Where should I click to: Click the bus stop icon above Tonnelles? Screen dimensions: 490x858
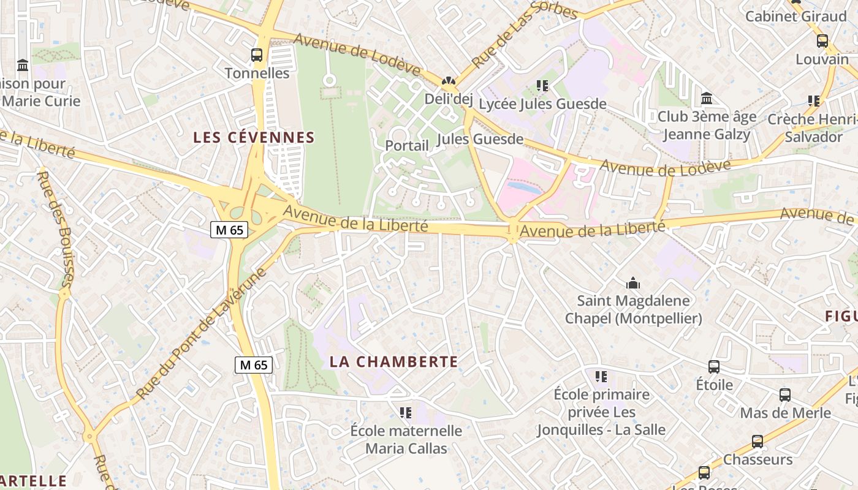(x=257, y=55)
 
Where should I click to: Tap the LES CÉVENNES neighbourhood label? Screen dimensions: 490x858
(x=254, y=138)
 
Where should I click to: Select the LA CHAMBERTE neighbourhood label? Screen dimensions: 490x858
(x=394, y=362)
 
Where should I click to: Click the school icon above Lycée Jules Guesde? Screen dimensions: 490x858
(x=542, y=86)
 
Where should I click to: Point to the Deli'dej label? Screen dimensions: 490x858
(x=449, y=99)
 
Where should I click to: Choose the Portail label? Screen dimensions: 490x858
(x=407, y=146)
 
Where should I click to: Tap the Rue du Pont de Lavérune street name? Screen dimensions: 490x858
(x=201, y=334)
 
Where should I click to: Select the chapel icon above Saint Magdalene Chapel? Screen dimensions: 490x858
(x=633, y=283)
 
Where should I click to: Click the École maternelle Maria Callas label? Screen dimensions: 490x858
(x=406, y=440)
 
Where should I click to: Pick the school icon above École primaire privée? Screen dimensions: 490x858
(x=601, y=376)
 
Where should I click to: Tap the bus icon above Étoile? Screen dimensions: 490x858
(x=714, y=367)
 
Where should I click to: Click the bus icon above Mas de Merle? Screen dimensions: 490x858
(x=785, y=395)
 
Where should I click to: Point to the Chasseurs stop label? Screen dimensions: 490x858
(x=758, y=459)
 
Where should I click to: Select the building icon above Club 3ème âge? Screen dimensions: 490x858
(x=707, y=98)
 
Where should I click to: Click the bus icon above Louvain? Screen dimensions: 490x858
(x=822, y=41)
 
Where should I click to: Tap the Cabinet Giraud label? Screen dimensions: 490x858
(x=796, y=17)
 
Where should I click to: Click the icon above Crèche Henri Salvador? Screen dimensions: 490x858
(x=814, y=100)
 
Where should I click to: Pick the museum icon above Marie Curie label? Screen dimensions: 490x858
(x=23, y=65)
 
